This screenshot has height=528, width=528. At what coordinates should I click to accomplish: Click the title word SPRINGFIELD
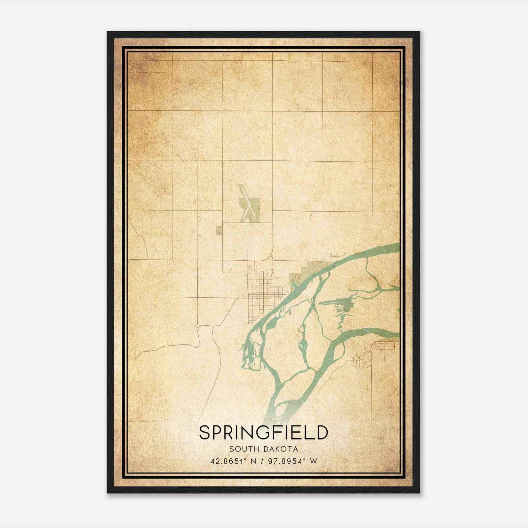point(264,433)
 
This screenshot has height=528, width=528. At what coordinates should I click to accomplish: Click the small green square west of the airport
point(219,231)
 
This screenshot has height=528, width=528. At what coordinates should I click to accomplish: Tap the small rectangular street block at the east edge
point(384,345)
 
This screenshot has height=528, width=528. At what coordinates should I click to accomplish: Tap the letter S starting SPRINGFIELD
point(205,433)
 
